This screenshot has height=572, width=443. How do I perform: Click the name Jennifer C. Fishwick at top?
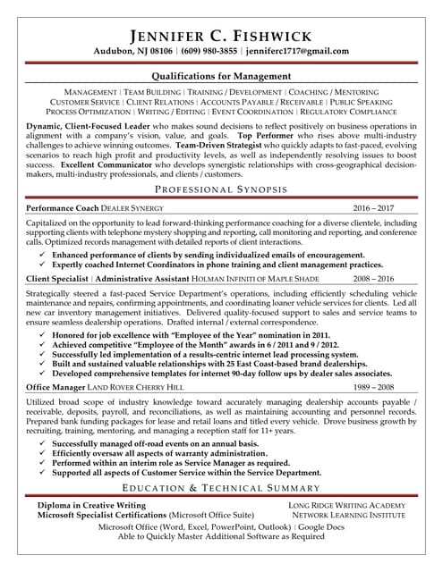[x=221, y=36]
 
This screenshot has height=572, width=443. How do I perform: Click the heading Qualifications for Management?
[x=221, y=77]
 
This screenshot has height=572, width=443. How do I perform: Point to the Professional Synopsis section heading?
[x=221, y=190]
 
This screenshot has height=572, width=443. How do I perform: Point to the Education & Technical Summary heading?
[x=221, y=489]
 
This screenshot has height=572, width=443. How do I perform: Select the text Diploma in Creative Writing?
[x=92, y=506]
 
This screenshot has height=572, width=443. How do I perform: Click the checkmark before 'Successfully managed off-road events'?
[x=44, y=443]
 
